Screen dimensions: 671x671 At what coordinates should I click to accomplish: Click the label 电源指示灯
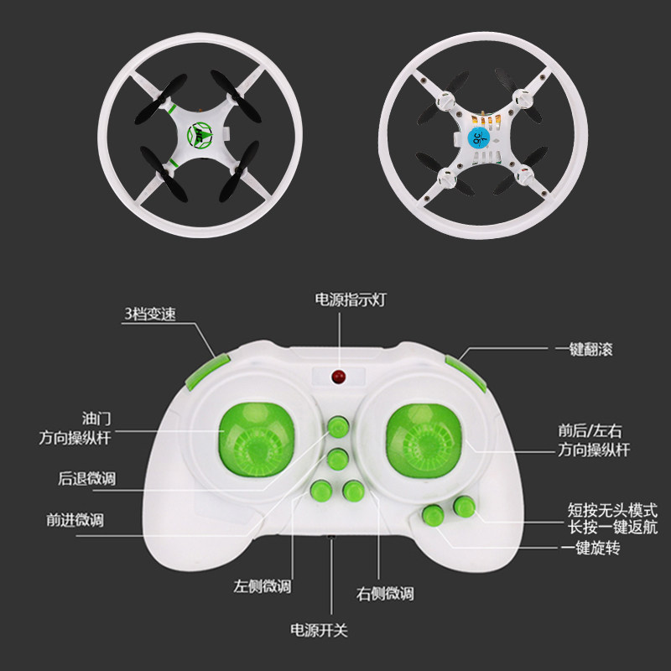click(x=341, y=299)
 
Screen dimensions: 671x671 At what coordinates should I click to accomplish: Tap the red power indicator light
click(x=339, y=376)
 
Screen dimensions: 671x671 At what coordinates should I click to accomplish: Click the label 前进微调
click(x=75, y=520)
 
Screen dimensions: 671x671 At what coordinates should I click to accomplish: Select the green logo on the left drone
click(x=200, y=131)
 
